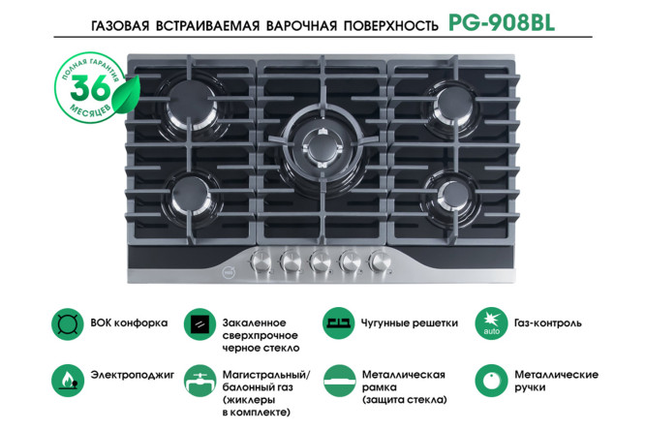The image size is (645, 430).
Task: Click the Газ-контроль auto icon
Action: coord(490,323)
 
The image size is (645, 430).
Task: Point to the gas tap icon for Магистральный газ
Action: coord(201,377)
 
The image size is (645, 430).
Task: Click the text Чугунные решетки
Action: coord(410,323)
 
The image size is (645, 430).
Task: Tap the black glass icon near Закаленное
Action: coord(201,323)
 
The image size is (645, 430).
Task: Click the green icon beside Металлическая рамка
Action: coord(338,377)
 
